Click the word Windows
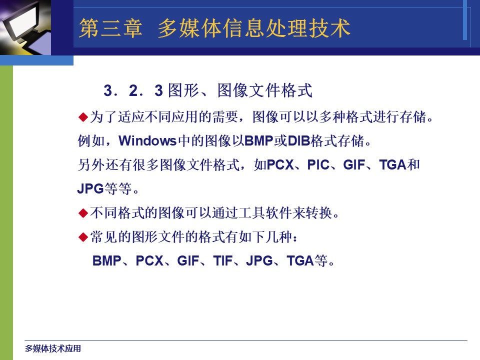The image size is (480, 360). click(147, 141)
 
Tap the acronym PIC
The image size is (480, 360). click(318, 164)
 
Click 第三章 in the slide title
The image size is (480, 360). click(110, 28)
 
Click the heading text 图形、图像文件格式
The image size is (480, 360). click(240, 90)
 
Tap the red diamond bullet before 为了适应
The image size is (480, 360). click(83, 117)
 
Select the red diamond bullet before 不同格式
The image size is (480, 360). click(83, 213)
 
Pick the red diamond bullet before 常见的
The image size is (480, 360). click(83, 237)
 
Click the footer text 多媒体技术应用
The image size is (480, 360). click(53, 348)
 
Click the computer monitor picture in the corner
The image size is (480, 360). click(25, 27)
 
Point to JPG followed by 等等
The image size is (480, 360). click(90, 188)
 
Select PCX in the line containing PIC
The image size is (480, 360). click(280, 164)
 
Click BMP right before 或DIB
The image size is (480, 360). click(258, 141)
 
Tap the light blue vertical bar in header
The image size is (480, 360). click(464, 20)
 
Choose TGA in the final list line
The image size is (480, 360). click(300, 261)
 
